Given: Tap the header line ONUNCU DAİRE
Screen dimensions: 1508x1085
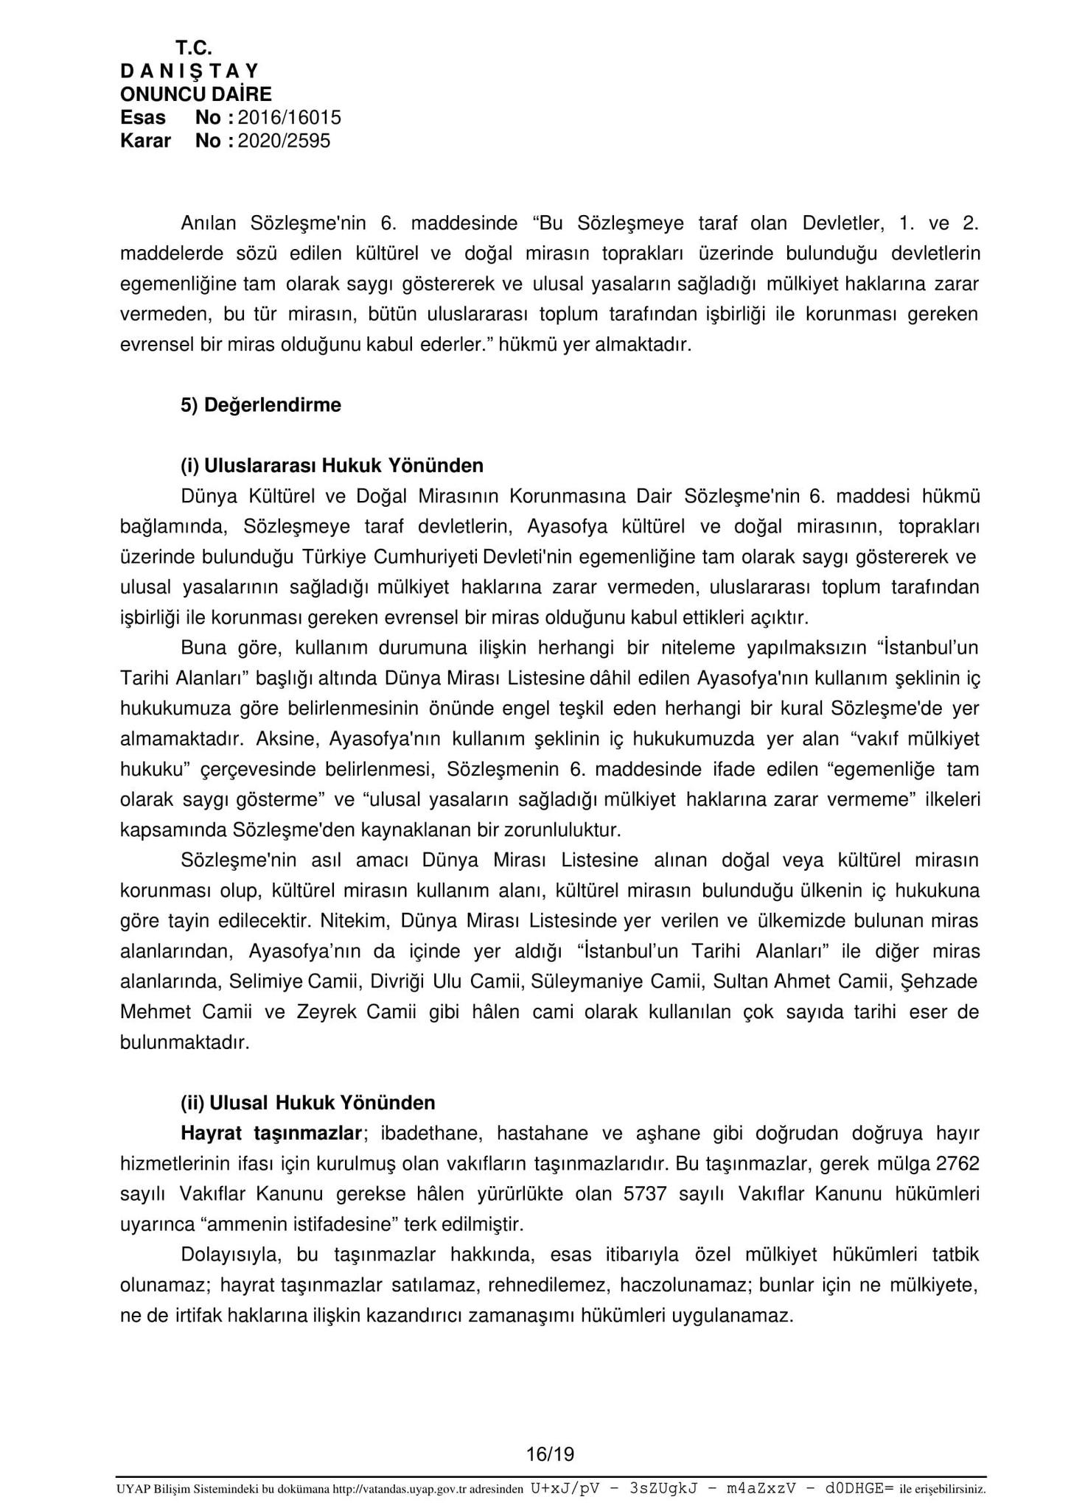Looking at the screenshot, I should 195,94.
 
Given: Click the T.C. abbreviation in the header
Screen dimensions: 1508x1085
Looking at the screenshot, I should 194,49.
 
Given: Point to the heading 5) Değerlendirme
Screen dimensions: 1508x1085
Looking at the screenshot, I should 261,405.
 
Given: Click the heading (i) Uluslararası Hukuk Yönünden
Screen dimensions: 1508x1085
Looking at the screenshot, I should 332,466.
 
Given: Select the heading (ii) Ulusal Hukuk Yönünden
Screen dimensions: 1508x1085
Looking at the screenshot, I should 308,1103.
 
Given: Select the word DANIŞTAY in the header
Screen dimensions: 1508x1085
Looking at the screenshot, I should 189,71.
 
